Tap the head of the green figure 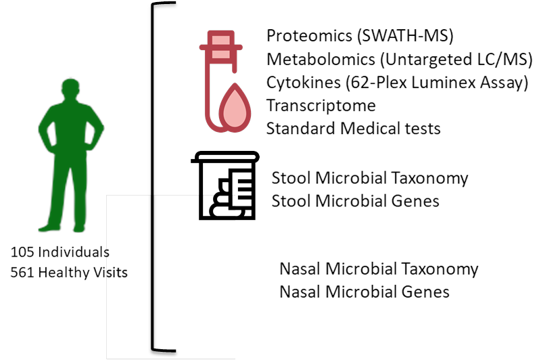click(70, 89)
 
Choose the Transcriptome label click(321, 106)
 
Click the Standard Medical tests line click(354, 127)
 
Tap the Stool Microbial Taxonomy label click(370, 179)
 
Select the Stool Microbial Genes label click(356, 201)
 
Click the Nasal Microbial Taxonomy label click(379, 269)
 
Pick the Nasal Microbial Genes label click(365, 292)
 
